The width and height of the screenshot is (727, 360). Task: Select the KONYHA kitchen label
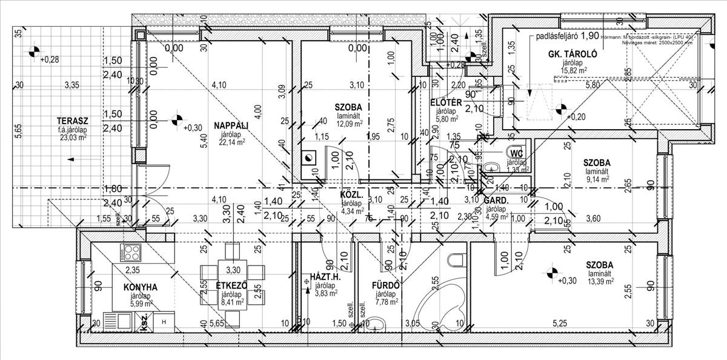point(141,287)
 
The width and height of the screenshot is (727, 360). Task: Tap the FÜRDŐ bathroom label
point(385,285)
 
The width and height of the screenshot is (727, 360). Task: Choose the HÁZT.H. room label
point(325,277)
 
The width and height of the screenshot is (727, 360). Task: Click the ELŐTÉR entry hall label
point(446,102)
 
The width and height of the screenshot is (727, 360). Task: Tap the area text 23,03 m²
point(71,137)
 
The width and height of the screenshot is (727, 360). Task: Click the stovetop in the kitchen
point(131,250)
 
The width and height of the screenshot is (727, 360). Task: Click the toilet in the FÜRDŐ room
point(454,260)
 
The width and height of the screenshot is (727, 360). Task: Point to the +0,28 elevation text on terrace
point(50,59)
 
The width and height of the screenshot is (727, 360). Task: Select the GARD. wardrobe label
point(496,201)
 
